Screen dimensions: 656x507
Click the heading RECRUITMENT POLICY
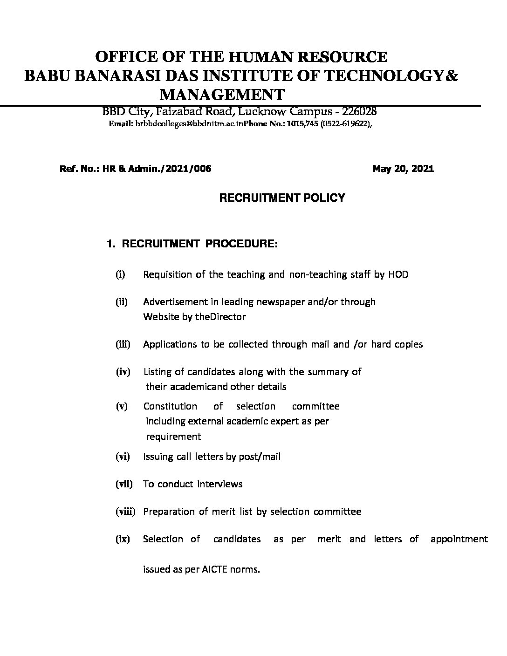pyautogui.click(x=282, y=198)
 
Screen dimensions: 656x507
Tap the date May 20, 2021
pyautogui.click(x=403, y=169)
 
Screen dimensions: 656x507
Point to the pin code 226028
pyautogui.click(x=360, y=112)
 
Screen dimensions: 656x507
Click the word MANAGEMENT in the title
pyautogui.click(x=222, y=95)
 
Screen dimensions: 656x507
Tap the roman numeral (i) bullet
pyautogui.click(x=120, y=274)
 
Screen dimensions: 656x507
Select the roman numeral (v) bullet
pyautogui.click(x=122, y=406)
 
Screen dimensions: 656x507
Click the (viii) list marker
pyautogui.click(x=125, y=512)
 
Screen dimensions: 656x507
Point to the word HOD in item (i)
pyautogui.click(x=398, y=274)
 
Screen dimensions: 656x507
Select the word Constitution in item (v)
pyautogui.click(x=170, y=406)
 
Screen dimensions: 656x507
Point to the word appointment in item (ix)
pyautogui.click(x=459, y=539)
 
